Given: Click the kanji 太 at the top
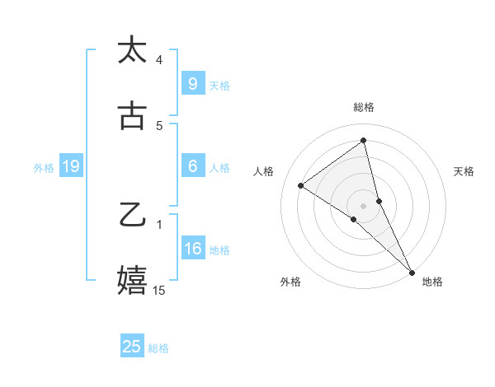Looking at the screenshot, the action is tap(132, 50).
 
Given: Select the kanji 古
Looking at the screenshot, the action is tap(132, 115).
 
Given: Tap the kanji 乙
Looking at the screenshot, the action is tap(132, 216).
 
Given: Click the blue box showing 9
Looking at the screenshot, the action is tap(192, 83).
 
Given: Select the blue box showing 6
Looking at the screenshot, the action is tap(192, 166).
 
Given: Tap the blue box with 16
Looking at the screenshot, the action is tap(192, 249).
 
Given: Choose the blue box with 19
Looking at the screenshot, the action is tap(70, 167).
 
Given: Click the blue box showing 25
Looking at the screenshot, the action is tap(132, 347).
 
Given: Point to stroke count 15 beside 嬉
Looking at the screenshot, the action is tap(159, 290).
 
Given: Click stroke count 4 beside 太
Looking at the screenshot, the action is tap(159, 59).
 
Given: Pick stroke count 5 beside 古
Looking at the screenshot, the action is tap(159, 125).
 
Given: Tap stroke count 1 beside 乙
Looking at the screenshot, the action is tap(159, 224).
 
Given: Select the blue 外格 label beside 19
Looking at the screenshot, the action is tap(44, 168).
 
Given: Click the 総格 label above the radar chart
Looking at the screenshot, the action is tap(364, 107).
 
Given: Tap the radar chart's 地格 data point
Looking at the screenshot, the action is tap(411, 272).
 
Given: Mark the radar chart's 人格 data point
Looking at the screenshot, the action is tap(301, 185).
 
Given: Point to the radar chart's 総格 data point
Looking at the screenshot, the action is tap(364, 141).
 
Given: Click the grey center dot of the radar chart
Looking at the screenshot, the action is tap(364, 204).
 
